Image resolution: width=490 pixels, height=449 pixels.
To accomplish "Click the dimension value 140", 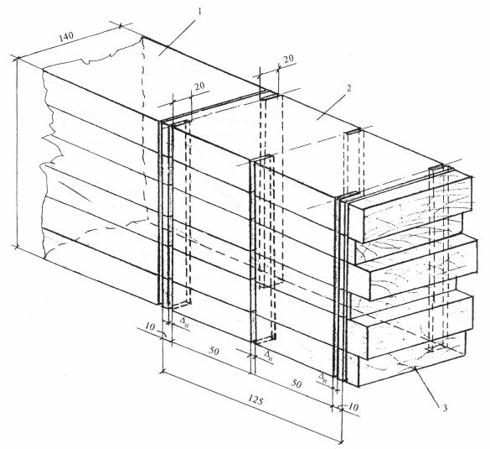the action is pyautogui.click(x=66, y=36).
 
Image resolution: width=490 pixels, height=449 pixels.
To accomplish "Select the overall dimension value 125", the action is pyautogui.click(x=255, y=400).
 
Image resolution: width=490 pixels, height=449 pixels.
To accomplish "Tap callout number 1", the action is pyautogui.click(x=199, y=12).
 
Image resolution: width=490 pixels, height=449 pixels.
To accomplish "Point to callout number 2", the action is pyautogui.click(x=348, y=88).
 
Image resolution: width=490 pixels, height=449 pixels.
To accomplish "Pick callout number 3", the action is pyautogui.click(x=444, y=408).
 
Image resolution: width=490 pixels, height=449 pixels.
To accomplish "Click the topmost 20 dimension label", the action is pyautogui.click(x=288, y=58).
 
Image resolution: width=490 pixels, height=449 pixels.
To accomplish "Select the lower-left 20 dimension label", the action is pyautogui.click(x=200, y=86).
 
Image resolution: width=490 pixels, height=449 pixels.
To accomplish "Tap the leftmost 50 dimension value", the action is pyautogui.click(x=214, y=351).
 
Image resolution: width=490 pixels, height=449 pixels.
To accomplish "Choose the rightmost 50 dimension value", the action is pyautogui.click(x=296, y=384).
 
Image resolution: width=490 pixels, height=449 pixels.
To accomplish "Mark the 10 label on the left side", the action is pyautogui.click(x=150, y=326).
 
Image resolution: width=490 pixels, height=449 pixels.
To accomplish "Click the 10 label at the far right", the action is pyautogui.click(x=353, y=407).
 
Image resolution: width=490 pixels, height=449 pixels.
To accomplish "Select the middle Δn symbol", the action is pyautogui.click(x=268, y=355).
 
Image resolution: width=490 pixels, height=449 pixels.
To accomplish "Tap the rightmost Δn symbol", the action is pyautogui.click(x=322, y=378).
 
